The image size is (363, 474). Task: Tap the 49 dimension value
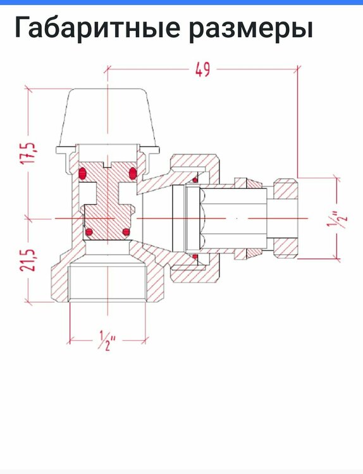pos(202,70)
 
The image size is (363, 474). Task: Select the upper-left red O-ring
pos(83,173)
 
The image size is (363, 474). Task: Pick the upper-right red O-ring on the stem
pos(133,173)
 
